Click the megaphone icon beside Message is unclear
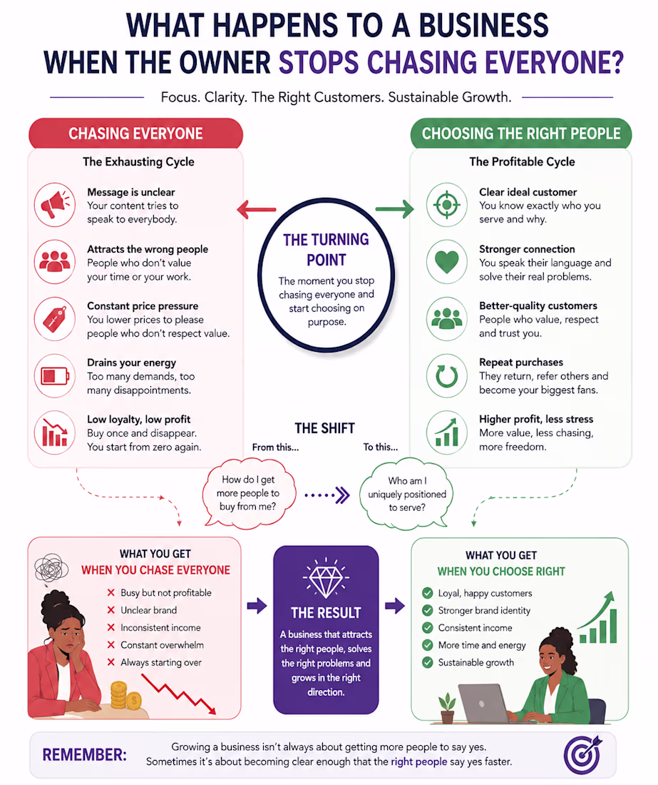click(54, 205)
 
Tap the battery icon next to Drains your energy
click(55, 376)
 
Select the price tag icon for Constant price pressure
click(55, 319)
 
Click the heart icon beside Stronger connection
click(446, 262)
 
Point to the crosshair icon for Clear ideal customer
click(446, 205)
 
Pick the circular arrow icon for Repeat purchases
click(446, 376)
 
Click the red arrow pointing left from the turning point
click(257, 209)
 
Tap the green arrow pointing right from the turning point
click(394, 209)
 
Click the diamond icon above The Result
click(326, 579)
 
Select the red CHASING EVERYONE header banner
click(135, 133)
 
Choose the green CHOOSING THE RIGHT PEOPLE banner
click(521, 133)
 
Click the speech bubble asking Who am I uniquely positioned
click(407, 493)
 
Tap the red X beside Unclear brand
click(111, 610)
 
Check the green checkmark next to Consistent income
click(428, 628)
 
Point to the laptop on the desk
click(484, 704)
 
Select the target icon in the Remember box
click(583, 754)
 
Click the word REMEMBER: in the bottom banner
click(85, 755)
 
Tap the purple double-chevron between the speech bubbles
click(342, 495)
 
